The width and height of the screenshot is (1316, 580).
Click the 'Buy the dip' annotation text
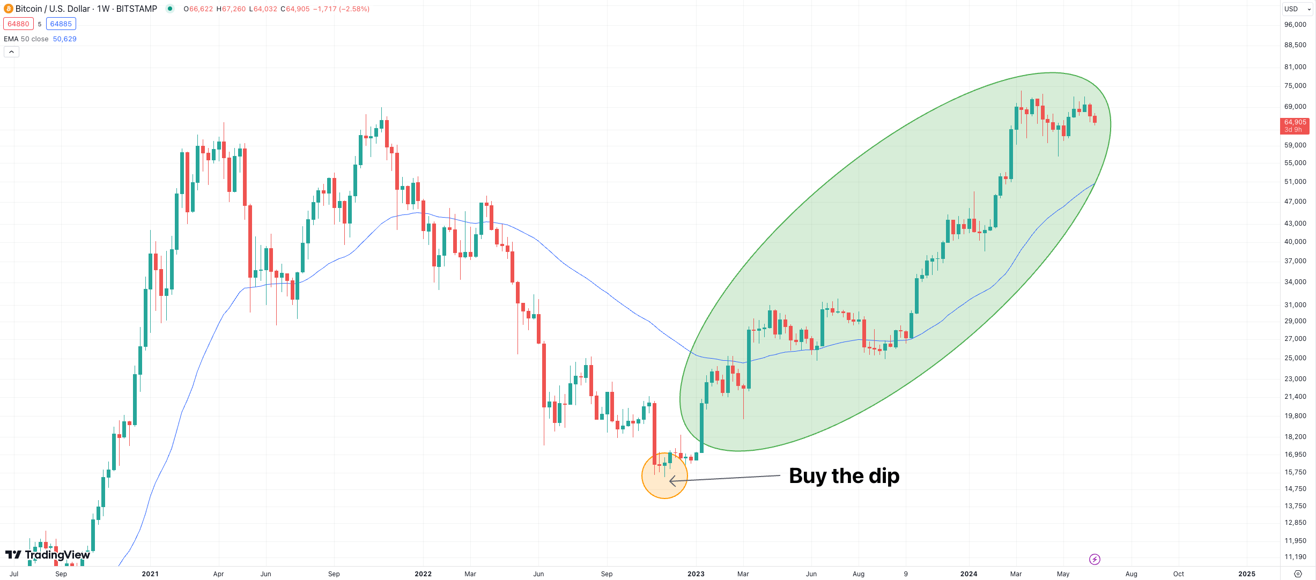pos(844,476)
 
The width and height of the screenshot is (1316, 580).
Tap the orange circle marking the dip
pos(664,476)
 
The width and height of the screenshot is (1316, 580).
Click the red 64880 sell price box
pos(18,24)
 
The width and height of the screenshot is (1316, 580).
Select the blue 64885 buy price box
pos(61,24)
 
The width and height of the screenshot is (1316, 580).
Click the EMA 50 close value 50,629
pos(64,39)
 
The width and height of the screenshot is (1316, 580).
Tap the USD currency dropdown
pos(1297,9)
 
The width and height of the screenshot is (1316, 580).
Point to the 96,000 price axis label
pos(1295,25)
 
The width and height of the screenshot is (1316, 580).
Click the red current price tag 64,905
pos(1295,125)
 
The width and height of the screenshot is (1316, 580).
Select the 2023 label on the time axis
pos(696,574)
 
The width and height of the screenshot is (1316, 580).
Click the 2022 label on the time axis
pos(423,574)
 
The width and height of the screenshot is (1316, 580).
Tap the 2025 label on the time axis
pos(1246,574)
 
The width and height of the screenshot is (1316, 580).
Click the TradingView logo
pos(48,555)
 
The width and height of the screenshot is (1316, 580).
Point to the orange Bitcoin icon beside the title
pos(8,9)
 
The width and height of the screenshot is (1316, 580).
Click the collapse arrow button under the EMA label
pos(11,52)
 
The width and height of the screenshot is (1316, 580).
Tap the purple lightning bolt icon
pos(1095,560)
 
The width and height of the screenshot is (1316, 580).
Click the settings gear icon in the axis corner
pos(1298,574)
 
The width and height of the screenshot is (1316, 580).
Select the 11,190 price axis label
pos(1295,557)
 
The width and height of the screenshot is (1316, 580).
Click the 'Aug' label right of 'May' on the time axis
pos(1131,574)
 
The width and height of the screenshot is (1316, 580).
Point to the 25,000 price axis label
pos(1295,358)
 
